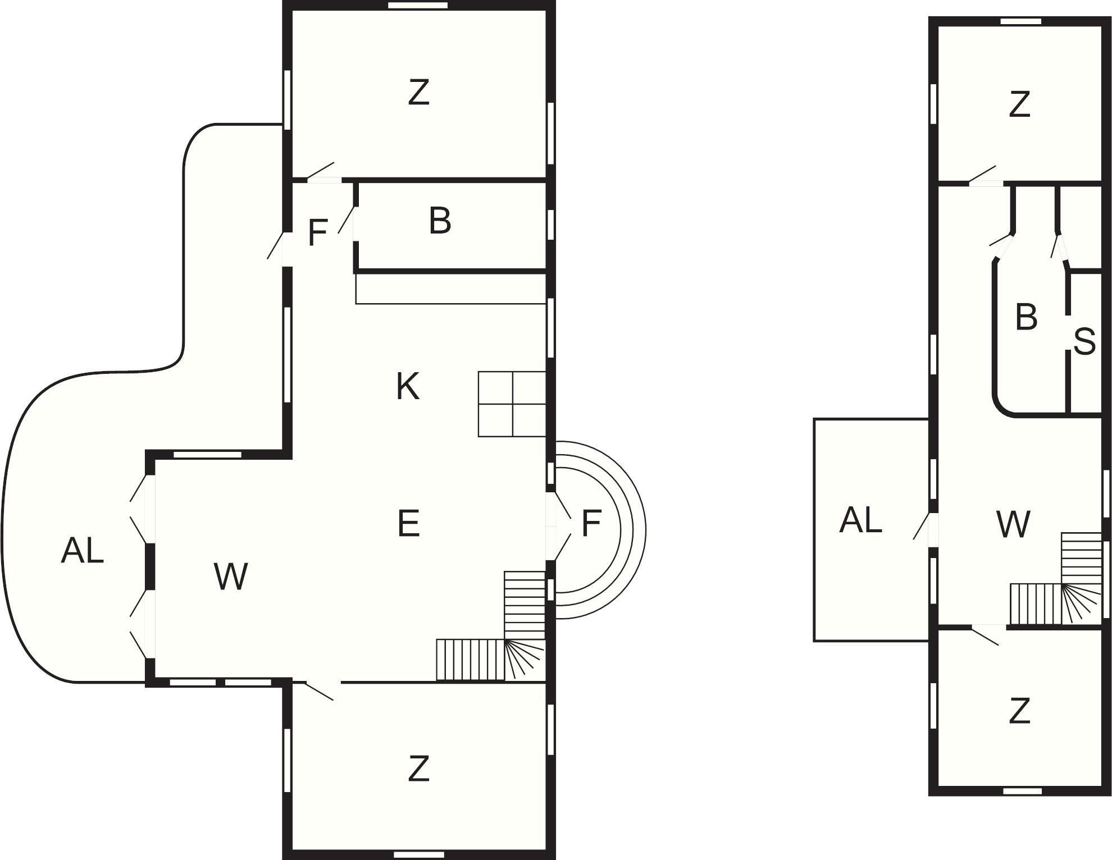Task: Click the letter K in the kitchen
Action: [x=407, y=387]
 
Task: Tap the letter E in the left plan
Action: [x=408, y=523]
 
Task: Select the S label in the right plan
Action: [x=1084, y=341]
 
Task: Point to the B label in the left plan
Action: [x=440, y=221]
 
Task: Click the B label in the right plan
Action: [x=1026, y=317]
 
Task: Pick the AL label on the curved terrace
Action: [x=82, y=550]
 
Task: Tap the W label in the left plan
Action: [x=231, y=577]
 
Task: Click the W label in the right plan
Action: [x=1013, y=524]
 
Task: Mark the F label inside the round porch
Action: [x=591, y=523]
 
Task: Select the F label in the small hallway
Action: [x=318, y=233]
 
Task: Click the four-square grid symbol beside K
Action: [x=512, y=404]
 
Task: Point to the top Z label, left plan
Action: [x=418, y=93]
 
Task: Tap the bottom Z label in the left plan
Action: [x=418, y=768]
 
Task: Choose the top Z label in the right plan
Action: [x=1019, y=104]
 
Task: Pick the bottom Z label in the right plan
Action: [x=1019, y=711]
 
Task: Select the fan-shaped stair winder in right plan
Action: [x=1081, y=604]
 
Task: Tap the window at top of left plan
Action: [x=418, y=6]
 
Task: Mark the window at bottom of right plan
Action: [x=1022, y=791]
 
